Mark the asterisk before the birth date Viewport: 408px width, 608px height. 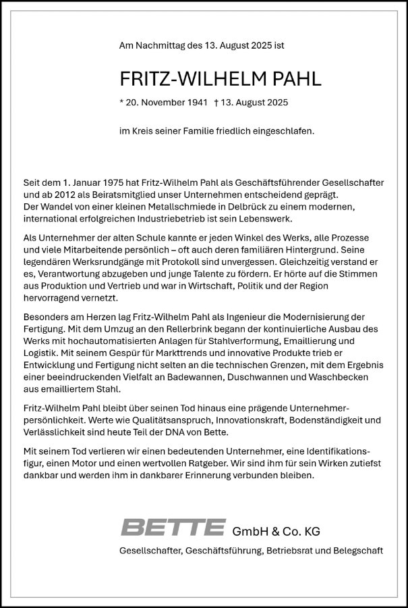coord(121,103)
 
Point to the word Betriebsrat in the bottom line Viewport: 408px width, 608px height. coord(295,551)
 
